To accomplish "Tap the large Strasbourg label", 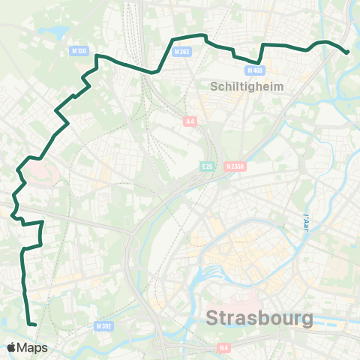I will click(x=259, y=318).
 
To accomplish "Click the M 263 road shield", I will click(x=181, y=52).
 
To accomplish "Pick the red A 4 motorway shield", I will click(x=190, y=121).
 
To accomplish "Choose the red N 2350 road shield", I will click(x=235, y=166).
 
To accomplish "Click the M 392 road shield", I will click(x=104, y=326).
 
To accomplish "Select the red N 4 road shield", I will click(x=223, y=347).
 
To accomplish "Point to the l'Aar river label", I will click(x=306, y=222).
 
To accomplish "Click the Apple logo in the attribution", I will click(x=13, y=347).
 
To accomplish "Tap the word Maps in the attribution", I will click(x=34, y=347).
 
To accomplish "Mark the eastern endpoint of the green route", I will click(x=347, y=52).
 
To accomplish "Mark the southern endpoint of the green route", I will click(x=34, y=324).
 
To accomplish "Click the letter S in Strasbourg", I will click(x=213, y=318).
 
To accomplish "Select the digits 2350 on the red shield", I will click(x=238, y=166).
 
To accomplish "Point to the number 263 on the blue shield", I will click(x=183, y=52).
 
